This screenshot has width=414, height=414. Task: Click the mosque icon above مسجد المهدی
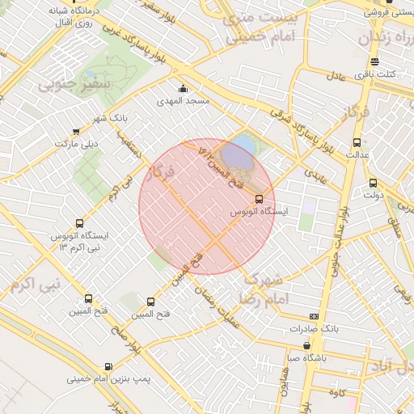coord(183,89)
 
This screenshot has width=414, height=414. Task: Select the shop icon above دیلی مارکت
coord(76,131)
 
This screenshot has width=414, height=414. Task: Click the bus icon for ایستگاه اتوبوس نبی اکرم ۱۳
coord(79,223)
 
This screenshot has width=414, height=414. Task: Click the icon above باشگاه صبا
coord(307,345)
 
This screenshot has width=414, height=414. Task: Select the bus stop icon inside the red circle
coord(259,199)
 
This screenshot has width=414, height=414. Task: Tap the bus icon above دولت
coord(373,183)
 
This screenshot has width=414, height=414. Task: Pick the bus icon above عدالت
coord(357,142)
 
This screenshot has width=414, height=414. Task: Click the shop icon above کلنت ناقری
coord(374,61)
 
